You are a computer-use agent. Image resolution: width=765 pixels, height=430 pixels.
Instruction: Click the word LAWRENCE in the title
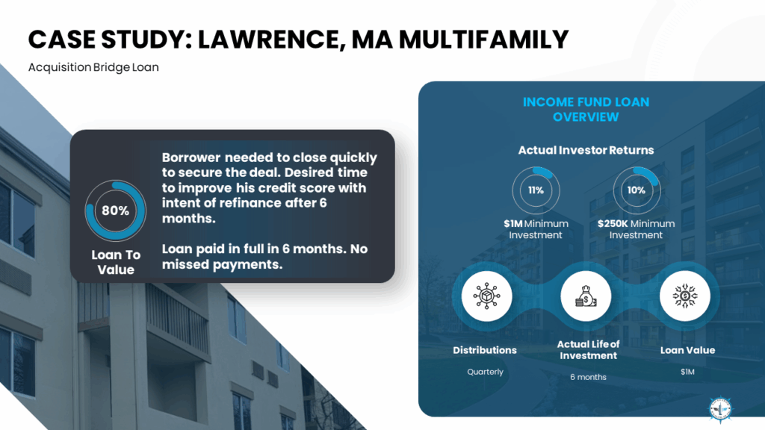268,40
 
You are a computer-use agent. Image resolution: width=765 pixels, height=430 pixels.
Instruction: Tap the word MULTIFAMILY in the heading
483,40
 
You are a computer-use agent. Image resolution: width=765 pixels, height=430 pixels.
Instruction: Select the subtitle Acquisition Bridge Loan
93,67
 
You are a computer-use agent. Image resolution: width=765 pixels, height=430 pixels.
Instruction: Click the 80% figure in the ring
115,211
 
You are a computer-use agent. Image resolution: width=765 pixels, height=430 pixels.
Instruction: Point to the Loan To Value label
116,262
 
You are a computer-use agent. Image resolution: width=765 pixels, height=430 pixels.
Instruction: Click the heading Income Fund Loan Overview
586,109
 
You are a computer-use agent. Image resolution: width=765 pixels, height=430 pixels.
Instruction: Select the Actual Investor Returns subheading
586,150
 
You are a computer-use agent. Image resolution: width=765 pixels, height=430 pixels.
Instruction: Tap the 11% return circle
536,190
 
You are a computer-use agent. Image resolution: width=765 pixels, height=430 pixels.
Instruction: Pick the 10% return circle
637,190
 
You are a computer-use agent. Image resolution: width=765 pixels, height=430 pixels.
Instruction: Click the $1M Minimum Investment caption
536,229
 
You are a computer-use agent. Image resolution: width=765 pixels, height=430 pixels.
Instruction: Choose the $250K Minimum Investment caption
637,229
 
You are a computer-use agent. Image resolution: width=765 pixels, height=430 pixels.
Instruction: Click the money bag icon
586,296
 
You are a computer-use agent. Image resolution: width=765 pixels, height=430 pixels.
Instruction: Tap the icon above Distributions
486,296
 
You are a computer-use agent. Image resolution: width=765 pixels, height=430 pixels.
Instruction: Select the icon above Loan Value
685,296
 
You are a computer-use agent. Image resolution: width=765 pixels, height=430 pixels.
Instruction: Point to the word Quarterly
485,372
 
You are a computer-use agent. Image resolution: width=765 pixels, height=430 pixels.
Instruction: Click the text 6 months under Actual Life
588,377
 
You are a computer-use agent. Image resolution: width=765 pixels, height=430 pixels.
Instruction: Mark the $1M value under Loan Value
687,372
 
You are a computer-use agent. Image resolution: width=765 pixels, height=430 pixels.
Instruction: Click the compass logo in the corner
721,408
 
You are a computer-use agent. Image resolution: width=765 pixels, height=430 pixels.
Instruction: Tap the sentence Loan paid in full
265,257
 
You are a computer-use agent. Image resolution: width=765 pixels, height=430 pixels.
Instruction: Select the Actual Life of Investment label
588,350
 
